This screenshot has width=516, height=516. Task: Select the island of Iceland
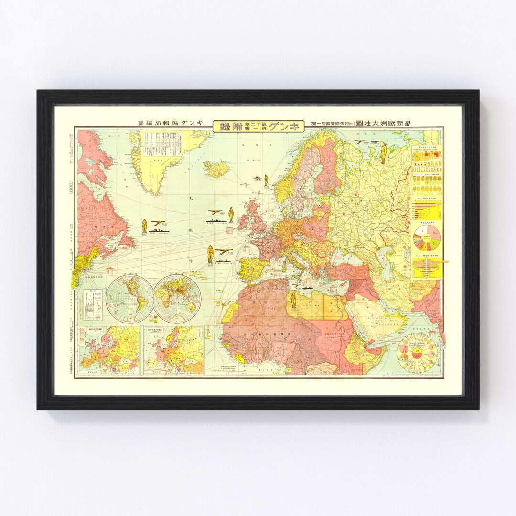tap(216, 169)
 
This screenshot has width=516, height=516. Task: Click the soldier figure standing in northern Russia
tap(383, 152)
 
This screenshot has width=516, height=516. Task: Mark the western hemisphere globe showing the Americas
tap(130, 298)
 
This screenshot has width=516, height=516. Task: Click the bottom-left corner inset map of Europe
tap(109, 350)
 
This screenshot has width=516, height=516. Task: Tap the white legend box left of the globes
tap(92, 304)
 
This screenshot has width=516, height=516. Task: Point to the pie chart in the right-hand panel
tap(427, 239)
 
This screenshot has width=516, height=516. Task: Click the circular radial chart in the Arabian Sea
tap(417, 354)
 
